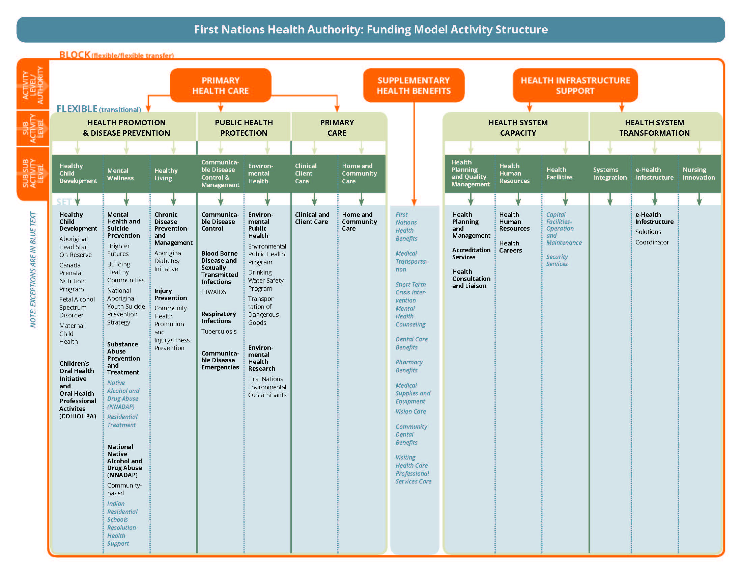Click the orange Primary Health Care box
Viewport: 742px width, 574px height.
click(x=221, y=85)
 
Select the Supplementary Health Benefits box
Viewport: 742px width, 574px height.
click(x=413, y=85)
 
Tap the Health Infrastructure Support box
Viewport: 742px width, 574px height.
click(x=575, y=85)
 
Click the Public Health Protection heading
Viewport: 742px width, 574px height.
click(x=244, y=128)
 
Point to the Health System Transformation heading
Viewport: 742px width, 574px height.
click(x=654, y=128)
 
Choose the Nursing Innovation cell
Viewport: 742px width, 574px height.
click(x=699, y=174)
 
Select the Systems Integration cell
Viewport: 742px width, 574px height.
click(x=610, y=174)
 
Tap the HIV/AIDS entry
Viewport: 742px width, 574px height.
click(x=213, y=292)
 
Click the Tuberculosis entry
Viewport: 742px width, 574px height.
click(x=219, y=331)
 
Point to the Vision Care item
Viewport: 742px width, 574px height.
click(x=410, y=412)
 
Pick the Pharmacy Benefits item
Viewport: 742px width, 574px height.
click(x=409, y=366)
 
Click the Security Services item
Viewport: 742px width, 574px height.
click(x=557, y=260)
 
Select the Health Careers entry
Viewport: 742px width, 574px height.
click(x=510, y=247)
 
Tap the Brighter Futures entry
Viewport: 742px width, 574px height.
click(x=118, y=250)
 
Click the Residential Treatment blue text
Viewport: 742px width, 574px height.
click(x=122, y=421)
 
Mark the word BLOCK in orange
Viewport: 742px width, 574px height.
click(x=75, y=55)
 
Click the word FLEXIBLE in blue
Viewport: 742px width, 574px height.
click(x=77, y=109)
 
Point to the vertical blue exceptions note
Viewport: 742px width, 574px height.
click(x=33, y=269)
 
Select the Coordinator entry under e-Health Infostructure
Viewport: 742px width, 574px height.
click(x=652, y=242)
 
